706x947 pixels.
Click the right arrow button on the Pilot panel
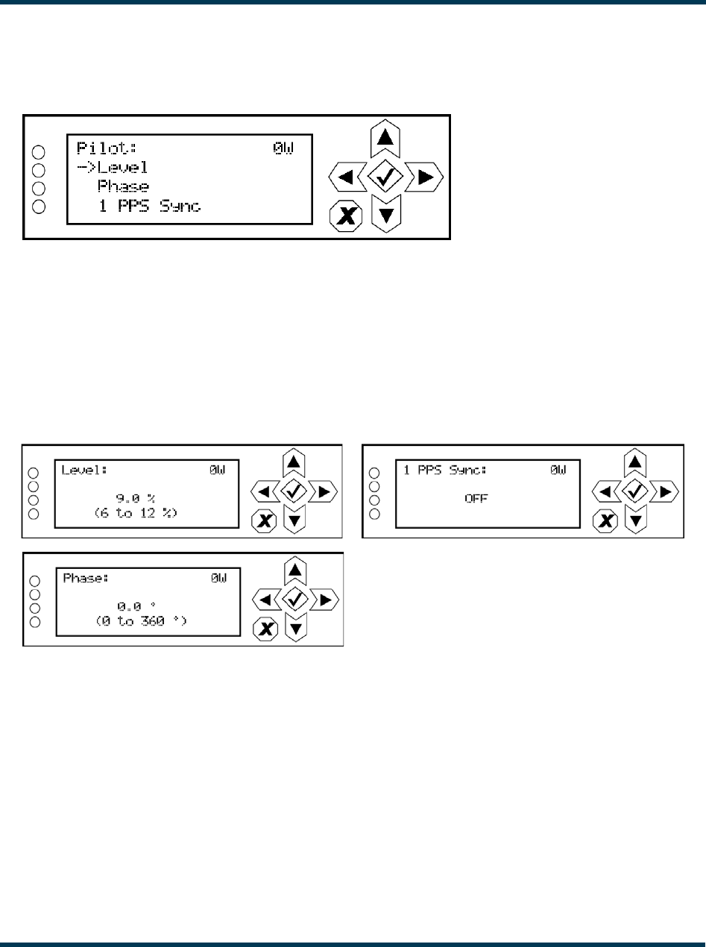click(x=426, y=177)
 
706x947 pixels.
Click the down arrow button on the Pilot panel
click(x=385, y=215)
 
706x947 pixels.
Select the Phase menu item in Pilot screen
click(x=123, y=186)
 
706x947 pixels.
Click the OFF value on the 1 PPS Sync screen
click(x=476, y=499)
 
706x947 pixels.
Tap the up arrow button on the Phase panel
click(x=296, y=570)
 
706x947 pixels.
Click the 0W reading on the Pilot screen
click(x=283, y=146)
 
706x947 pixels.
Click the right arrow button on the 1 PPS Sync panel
click(x=666, y=491)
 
